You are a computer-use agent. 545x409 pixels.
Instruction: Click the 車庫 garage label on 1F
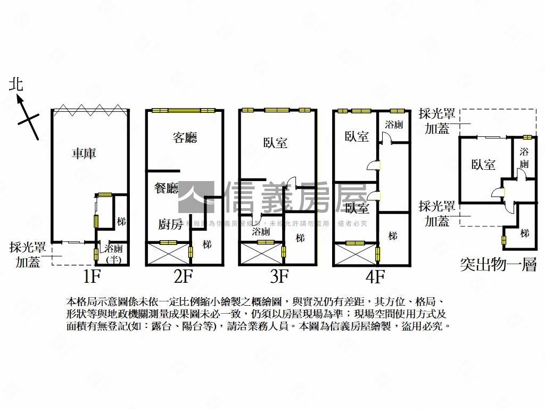84,154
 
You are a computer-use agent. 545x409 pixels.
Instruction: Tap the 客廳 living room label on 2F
185,138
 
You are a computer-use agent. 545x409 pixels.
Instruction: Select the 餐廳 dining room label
166,189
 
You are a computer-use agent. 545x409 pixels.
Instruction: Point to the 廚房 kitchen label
170,224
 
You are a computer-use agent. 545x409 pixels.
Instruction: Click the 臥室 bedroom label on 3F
275,143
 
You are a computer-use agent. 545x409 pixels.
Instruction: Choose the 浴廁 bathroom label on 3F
261,232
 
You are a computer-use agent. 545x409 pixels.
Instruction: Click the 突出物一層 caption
498,265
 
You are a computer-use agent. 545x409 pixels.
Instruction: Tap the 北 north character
16,84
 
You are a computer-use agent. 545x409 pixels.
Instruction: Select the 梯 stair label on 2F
207,244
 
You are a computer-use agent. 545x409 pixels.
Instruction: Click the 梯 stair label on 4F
393,235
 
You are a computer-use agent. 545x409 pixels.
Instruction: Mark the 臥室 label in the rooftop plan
483,165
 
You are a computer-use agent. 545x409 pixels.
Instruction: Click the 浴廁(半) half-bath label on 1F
114,253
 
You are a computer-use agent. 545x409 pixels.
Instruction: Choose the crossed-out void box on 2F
168,253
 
